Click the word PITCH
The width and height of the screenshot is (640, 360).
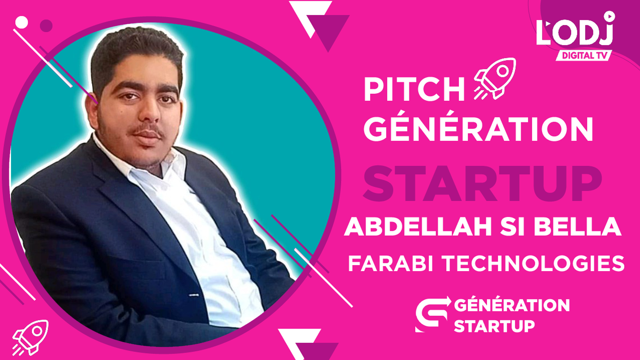coord(414,89)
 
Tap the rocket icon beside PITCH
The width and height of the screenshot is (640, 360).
coord(495,79)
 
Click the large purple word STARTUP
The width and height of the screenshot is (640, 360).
coord(482,184)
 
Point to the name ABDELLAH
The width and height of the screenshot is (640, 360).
coord(418,227)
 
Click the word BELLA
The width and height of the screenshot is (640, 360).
coord(578,227)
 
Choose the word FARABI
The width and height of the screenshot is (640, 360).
coord(391,263)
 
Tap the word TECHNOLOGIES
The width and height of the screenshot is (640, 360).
coord(534,263)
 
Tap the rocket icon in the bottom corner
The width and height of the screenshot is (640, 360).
coord(30,337)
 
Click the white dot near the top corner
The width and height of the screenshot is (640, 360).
coord(22,22)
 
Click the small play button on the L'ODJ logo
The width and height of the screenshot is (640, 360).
coord(609,16)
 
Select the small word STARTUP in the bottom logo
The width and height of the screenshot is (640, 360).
coord(494,326)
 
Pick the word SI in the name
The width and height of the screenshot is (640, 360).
coord(513,227)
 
